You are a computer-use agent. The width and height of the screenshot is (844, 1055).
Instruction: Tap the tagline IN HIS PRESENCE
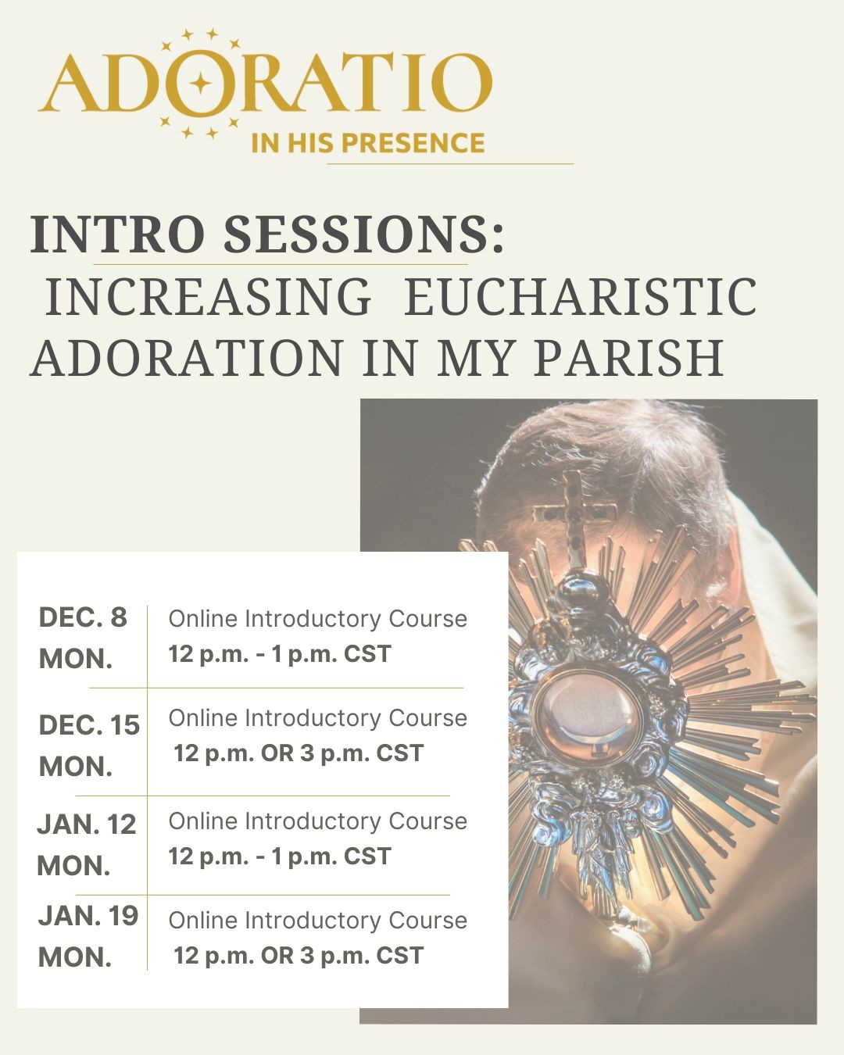(x=367, y=143)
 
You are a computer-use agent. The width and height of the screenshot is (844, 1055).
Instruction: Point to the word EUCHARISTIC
(x=579, y=297)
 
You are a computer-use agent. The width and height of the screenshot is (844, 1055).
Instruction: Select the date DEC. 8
(x=82, y=618)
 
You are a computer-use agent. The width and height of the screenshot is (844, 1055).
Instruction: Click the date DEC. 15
(x=89, y=725)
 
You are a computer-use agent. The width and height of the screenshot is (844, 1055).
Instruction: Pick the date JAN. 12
(x=87, y=824)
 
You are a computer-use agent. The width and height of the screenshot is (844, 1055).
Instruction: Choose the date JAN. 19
(x=88, y=916)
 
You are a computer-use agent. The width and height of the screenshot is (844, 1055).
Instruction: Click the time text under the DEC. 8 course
(x=280, y=654)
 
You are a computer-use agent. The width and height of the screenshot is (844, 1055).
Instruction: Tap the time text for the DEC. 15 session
(x=299, y=753)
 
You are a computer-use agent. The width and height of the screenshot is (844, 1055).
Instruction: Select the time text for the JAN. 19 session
(x=299, y=956)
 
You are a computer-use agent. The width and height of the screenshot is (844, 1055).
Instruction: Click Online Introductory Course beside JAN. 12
(x=317, y=821)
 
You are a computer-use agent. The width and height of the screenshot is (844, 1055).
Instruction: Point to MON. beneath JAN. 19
(x=75, y=957)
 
